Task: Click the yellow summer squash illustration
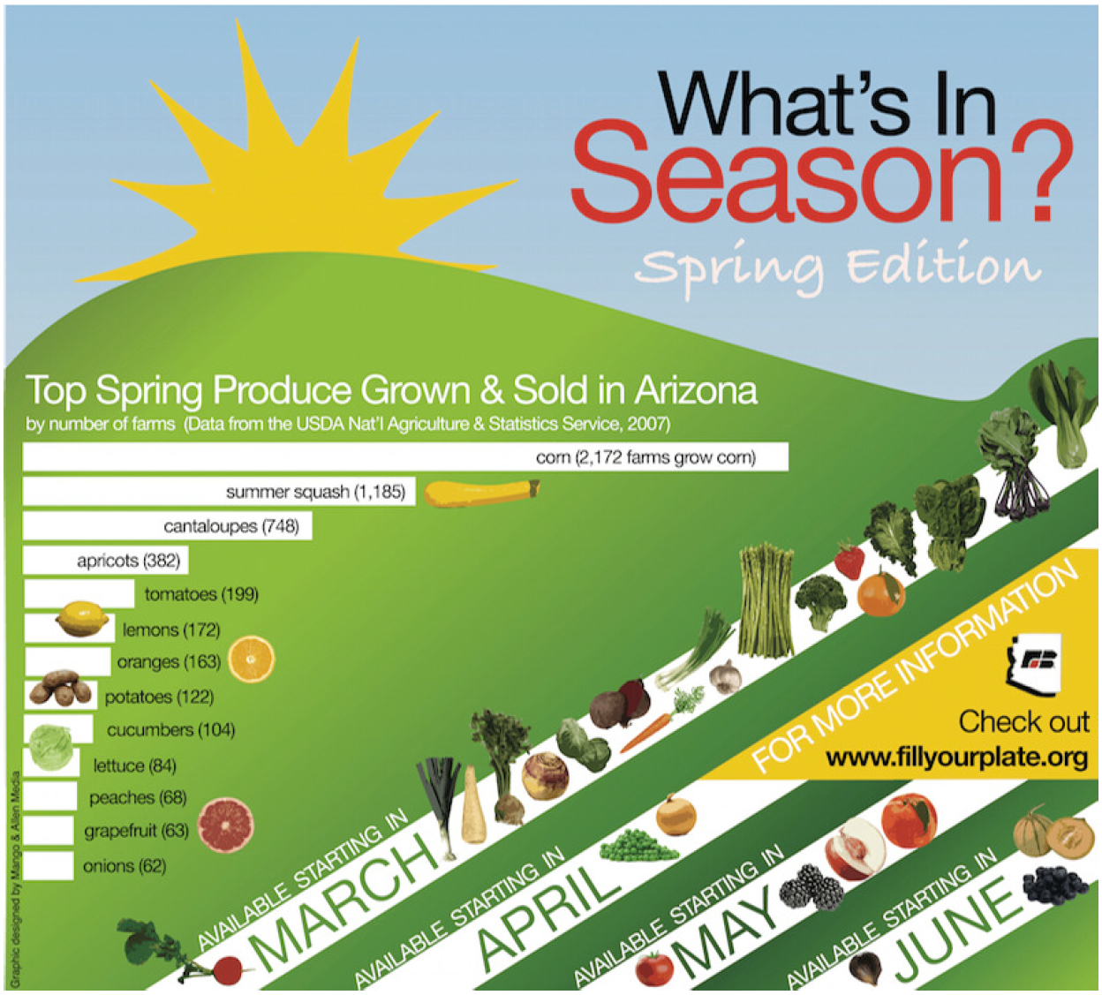(x=480, y=493)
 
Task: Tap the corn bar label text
(x=645, y=457)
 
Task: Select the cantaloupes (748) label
(x=231, y=526)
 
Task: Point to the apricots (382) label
(x=128, y=561)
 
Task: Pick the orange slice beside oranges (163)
(x=252, y=658)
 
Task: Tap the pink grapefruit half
(x=225, y=825)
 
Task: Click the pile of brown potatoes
(x=60, y=690)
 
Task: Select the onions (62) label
(x=125, y=866)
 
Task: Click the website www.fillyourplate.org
(x=956, y=758)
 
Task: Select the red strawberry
(x=849, y=561)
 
